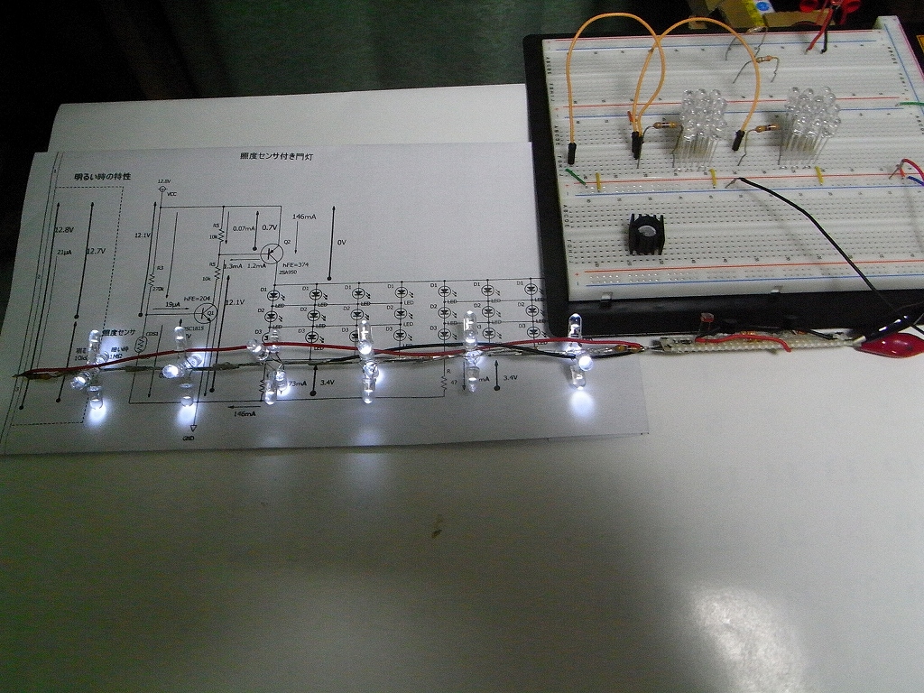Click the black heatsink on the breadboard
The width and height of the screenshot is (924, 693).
(646, 235)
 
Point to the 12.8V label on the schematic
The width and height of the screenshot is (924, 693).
(63, 229)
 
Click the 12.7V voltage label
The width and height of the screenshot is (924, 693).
(95, 251)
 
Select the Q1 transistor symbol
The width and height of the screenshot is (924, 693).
(205, 313)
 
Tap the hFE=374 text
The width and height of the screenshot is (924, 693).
(295, 264)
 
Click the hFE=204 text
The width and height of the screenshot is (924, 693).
(197, 299)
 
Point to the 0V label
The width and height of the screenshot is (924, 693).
(341, 242)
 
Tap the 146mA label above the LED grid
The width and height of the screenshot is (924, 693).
(304, 217)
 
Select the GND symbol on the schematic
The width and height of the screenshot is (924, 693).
(192, 430)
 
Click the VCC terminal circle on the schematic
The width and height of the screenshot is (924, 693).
(162, 189)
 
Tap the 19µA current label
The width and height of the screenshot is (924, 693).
(172, 305)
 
